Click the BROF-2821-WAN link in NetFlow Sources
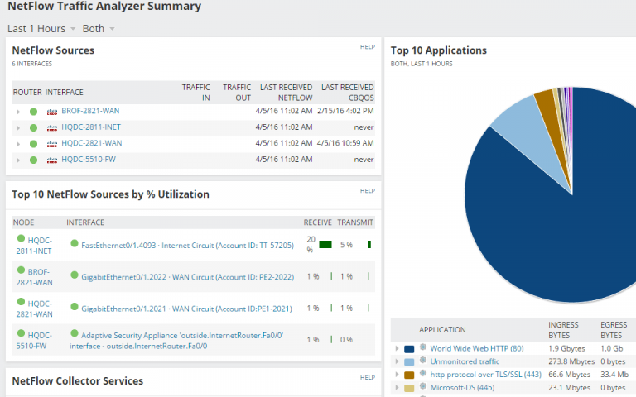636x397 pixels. click(90, 111)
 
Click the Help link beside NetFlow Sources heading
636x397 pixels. click(368, 47)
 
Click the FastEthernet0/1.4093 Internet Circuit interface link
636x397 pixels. click(187, 245)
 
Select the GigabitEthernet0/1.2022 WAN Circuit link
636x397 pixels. click(187, 277)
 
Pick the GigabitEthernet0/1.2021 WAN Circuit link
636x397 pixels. click(186, 309)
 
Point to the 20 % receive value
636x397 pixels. click(311, 244)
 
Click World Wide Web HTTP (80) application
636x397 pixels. click(476, 349)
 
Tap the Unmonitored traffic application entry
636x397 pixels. click(465, 361)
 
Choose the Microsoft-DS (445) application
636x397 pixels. click(462, 387)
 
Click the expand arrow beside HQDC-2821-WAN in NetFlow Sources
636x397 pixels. click(17, 144)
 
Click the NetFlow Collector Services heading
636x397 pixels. click(77, 381)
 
